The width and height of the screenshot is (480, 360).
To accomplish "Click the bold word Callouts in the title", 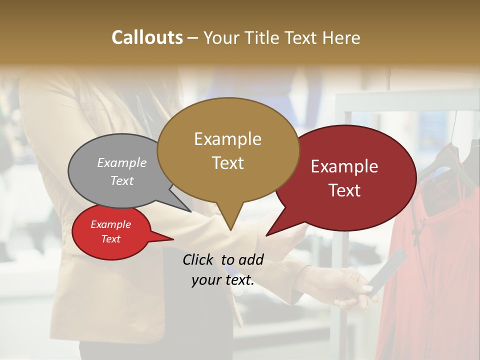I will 147,37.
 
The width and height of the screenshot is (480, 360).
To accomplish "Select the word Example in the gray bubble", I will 122,162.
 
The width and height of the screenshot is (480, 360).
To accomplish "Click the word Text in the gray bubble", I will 122,180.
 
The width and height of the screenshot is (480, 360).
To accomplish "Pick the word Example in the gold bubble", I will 227,139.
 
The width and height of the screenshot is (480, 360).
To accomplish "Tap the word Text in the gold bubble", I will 227,163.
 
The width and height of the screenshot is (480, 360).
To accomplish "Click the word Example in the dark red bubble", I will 344,166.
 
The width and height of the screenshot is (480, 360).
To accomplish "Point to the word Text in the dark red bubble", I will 344,190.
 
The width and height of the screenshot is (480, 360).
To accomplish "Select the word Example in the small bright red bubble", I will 110,224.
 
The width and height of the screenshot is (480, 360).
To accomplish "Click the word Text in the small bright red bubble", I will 110,239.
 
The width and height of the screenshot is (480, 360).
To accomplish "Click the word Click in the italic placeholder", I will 198,259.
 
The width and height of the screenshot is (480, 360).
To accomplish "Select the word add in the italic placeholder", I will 251,259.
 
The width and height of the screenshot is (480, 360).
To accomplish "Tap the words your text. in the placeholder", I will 222,280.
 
